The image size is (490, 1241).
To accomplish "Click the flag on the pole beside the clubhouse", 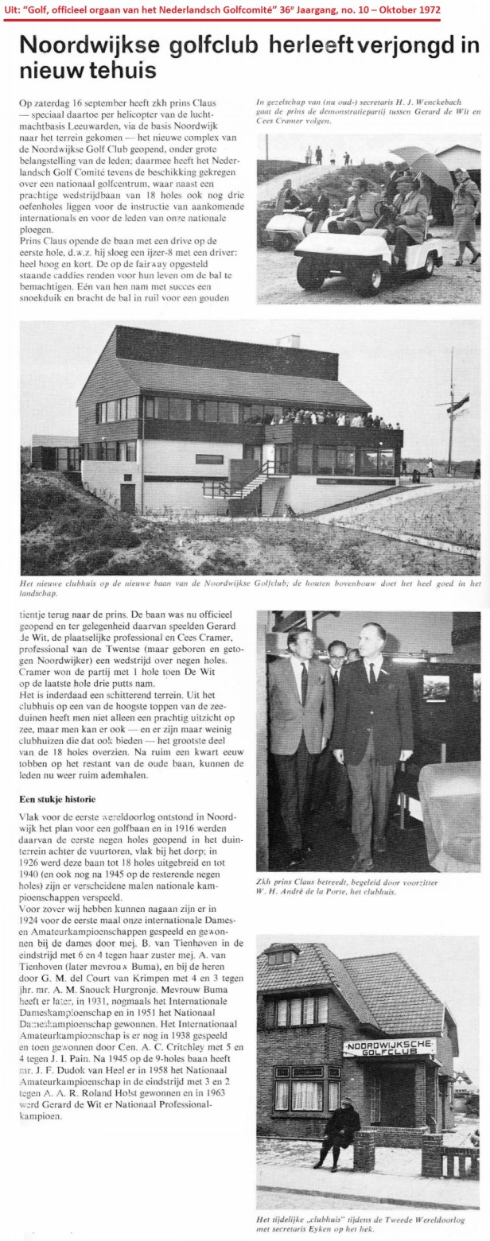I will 459,405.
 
